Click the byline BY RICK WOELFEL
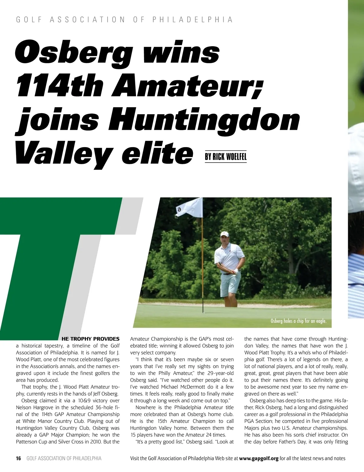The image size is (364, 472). [x=225, y=157]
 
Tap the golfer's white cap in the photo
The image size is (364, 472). [x=224, y=234]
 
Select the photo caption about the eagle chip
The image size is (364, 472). [x=298, y=321]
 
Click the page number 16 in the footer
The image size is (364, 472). [x=19, y=458]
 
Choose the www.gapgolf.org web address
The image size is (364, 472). [x=259, y=458]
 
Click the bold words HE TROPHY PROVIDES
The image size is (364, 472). [x=90, y=339]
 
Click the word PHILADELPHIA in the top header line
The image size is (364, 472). [x=192, y=20]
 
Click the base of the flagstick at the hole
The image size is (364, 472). [x=203, y=312]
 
